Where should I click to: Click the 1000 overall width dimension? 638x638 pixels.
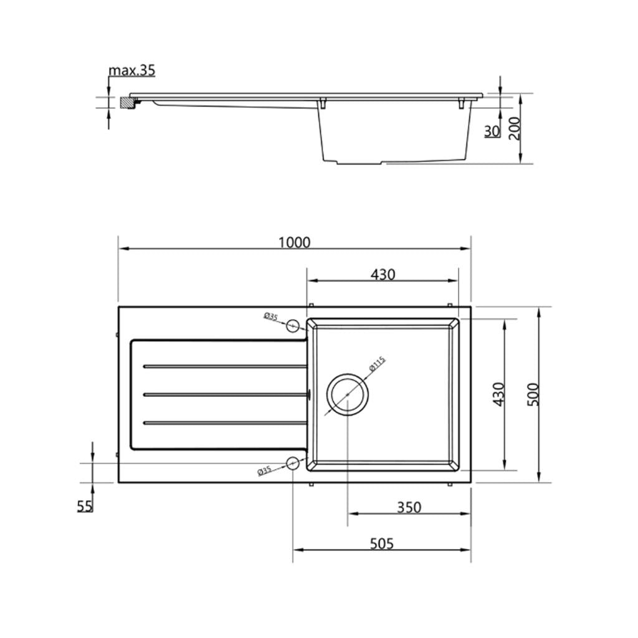pyautogui.click(x=294, y=242)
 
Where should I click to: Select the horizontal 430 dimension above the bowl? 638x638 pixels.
pyautogui.click(x=383, y=274)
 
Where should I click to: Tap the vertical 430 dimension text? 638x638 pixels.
pyautogui.click(x=498, y=394)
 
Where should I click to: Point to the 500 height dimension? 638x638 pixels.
pyautogui.click(x=533, y=394)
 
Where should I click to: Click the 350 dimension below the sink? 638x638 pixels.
pyautogui.click(x=409, y=507)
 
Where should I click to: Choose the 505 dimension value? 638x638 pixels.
pyautogui.click(x=381, y=544)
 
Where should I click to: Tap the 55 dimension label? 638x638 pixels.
pyautogui.click(x=85, y=506)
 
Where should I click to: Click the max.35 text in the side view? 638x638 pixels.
pyautogui.click(x=131, y=70)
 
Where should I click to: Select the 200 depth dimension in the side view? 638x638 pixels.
pyautogui.click(x=515, y=128)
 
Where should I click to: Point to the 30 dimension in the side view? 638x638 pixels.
pyautogui.click(x=492, y=131)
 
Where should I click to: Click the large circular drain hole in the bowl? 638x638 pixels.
pyautogui.click(x=348, y=395)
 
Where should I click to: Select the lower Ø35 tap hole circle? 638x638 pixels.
pyautogui.click(x=293, y=462)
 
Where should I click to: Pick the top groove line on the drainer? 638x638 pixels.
pyautogui.click(x=224, y=366)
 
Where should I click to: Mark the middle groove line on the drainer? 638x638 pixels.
pyautogui.click(x=224, y=394)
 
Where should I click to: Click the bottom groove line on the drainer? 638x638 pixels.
pyautogui.click(x=224, y=423)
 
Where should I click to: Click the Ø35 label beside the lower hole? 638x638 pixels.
pyautogui.click(x=265, y=470)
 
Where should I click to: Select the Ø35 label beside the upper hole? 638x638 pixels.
pyautogui.click(x=270, y=317)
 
